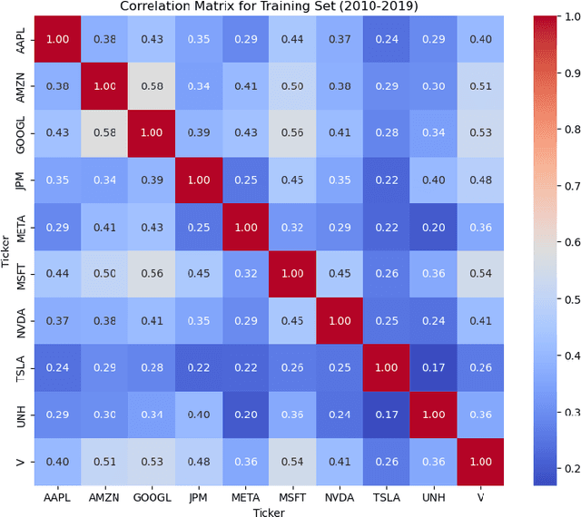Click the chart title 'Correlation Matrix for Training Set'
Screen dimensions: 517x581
pos(264,7)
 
